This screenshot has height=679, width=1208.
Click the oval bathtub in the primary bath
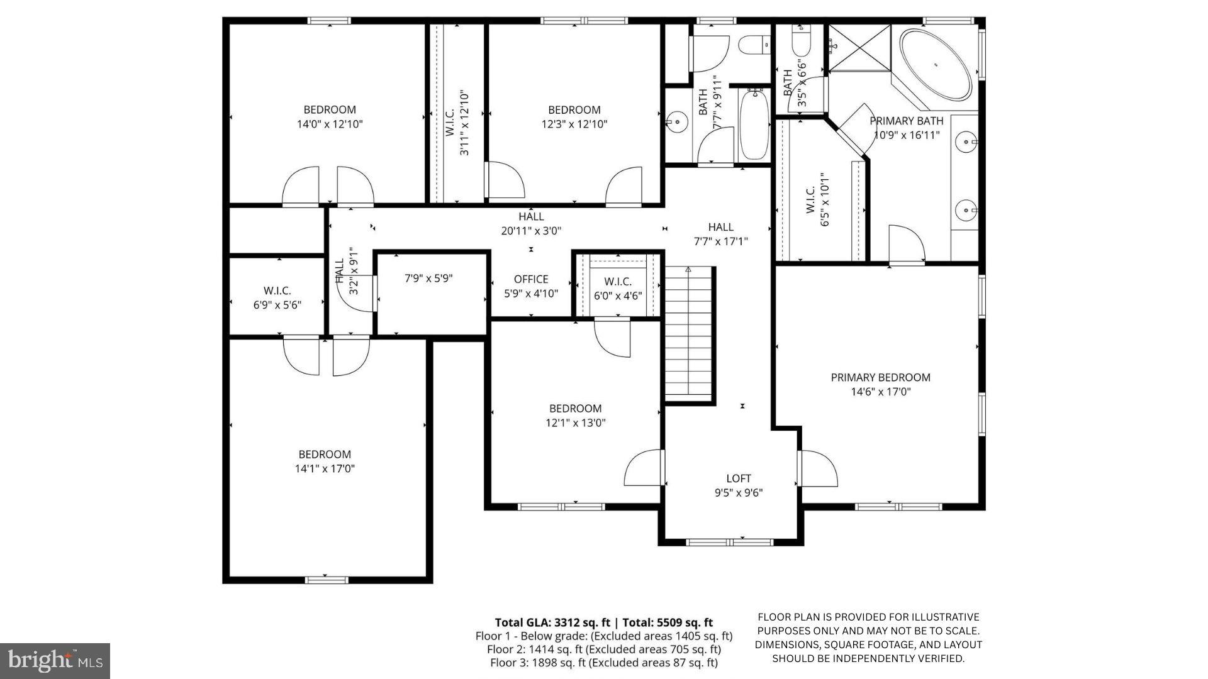coord(936,64)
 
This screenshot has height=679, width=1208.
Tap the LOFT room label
coord(738,478)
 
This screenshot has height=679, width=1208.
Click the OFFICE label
coord(530,279)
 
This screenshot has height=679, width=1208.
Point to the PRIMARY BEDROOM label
coord(880,377)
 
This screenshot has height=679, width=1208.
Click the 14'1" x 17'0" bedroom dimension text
coord(325,468)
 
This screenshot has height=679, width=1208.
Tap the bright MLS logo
coord(55,661)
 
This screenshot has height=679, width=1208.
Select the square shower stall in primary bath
coord(859,48)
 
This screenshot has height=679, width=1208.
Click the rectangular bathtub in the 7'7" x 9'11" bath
coord(754,124)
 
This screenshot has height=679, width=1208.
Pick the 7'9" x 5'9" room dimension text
coord(428,278)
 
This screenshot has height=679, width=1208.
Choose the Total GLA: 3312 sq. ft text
coord(552,622)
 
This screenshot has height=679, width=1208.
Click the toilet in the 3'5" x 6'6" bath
coord(800,44)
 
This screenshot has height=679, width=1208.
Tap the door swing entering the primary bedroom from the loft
coord(819,468)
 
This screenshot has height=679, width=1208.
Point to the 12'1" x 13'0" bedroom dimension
coord(575,422)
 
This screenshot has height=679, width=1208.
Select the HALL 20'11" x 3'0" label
coord(531,224)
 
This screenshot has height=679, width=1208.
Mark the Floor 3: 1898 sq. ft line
coord(603,663)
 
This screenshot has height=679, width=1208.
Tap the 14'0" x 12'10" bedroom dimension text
coord(330,124)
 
